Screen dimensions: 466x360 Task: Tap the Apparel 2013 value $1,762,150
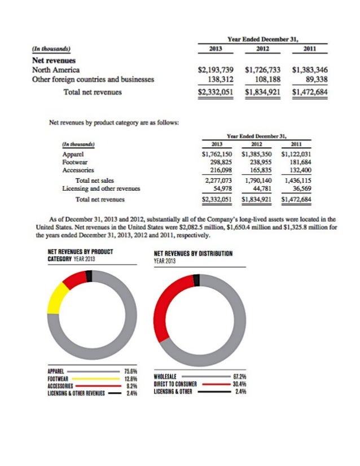(x=218, y=153)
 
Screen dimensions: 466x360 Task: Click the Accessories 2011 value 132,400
(x=300, y=169)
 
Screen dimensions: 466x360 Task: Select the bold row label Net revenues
(x=55, y=59)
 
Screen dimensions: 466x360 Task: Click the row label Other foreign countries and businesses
(x=94, y=80)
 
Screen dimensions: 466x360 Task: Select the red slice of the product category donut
(x=73, y=278)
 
